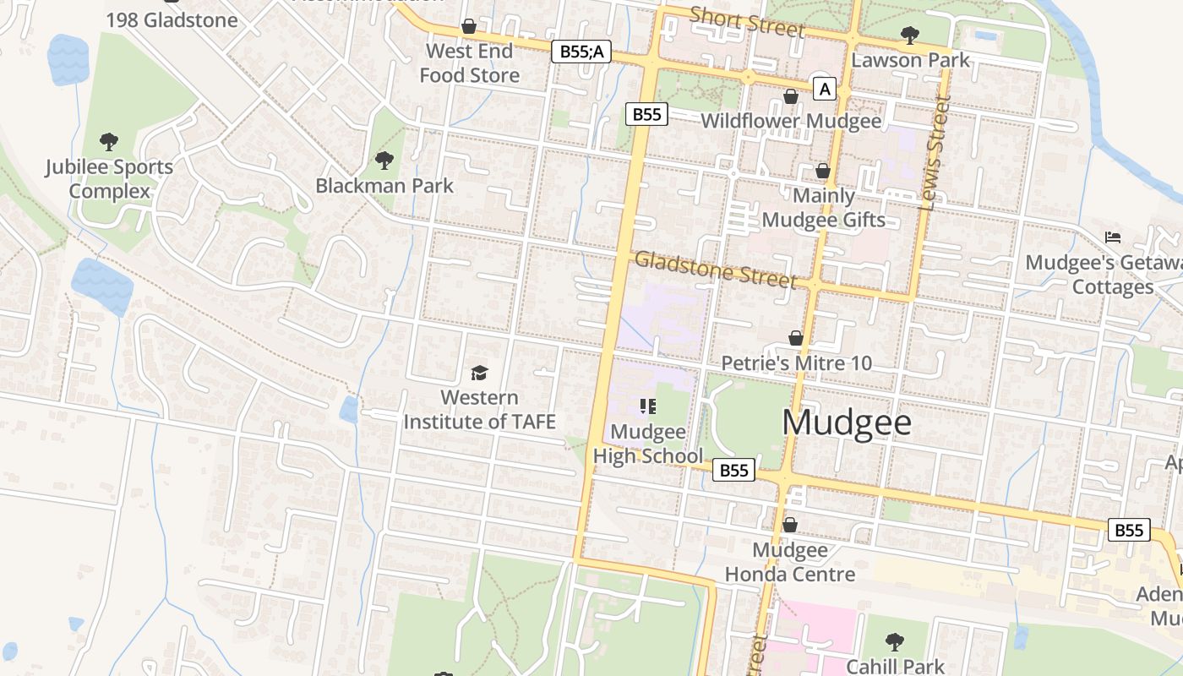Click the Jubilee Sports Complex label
[x=109, y=179]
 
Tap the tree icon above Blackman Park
[x=384, y=160]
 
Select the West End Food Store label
[x=470, y=63]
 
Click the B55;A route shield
[x=581, y=52]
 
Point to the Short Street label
[x=747, y=21]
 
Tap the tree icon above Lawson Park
[x=910, y=35]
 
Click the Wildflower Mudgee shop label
[x=791, y=121]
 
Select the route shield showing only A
[x=825, y=89]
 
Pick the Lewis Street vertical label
[x=934, y=152]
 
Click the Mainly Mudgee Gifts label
[x=824, y=208]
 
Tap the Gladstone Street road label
[x=716, y=270]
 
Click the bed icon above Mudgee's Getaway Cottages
[x=1113, y=237]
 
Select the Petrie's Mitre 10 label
[x=796, y=363]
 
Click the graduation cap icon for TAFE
[x=479, y=373]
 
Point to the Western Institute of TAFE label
[x=479, y=409]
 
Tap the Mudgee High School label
[x=648, y=444]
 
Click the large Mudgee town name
[x=847, y=422]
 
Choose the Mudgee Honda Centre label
[x=790, y=563]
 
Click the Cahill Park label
[x=895, y=666]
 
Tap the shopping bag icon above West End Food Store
[x=469, y=27]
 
